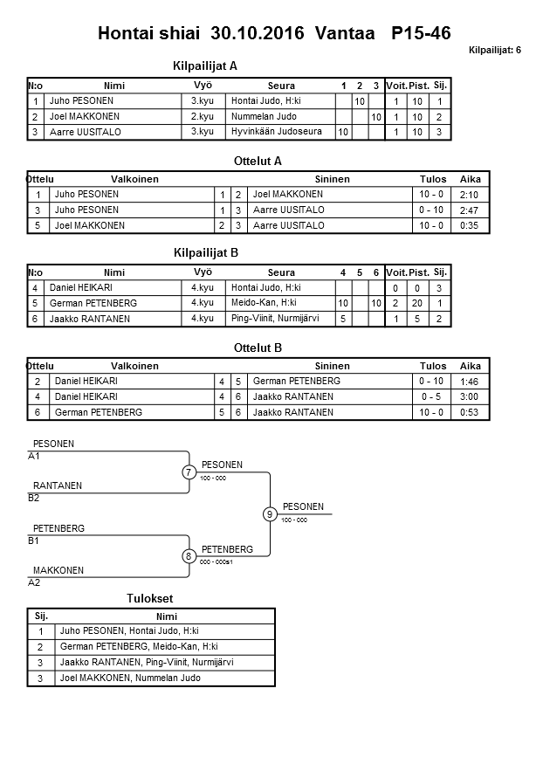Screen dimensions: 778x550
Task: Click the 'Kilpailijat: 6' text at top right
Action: (x=494, y=51)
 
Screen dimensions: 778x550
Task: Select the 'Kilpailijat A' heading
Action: (x=206, y=65)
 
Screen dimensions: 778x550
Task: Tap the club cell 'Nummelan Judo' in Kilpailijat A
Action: (x=264, y=116)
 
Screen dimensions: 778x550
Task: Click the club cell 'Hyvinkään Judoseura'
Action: (x=277, y=132)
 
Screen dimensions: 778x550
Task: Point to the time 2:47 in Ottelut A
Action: (x=470, y=210)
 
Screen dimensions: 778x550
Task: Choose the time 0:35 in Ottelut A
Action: (x=470, y=226)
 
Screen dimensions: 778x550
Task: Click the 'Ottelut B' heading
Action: (x=258, y=348)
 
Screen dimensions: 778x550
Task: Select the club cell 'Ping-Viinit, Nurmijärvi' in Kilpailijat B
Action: (x=275, y=319)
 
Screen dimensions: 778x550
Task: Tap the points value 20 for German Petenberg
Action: (x=418, y=303)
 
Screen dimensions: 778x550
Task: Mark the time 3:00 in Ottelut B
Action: (x=470, y=397)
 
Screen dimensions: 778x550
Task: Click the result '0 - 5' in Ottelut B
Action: (x=431, y=397)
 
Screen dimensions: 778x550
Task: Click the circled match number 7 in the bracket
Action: (x=189, y=472)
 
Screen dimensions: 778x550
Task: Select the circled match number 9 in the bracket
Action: (x=270, y=514)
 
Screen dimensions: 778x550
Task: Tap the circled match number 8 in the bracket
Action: (x=189, y=556)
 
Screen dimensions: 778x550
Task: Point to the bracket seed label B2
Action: (x=34, y=498)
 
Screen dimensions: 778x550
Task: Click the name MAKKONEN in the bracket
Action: (x=58, y=570)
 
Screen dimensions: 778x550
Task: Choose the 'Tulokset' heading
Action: (x=150, y=597)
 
